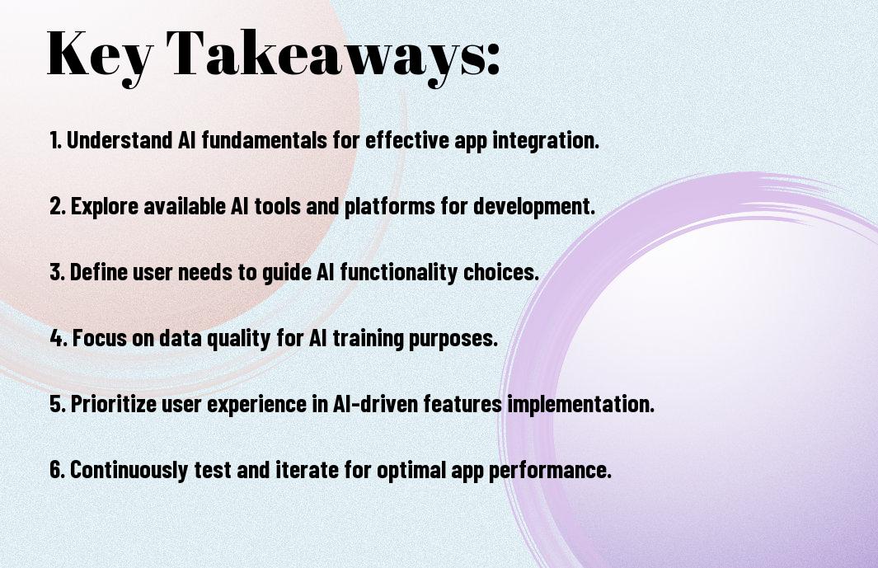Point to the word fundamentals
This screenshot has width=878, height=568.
[264, 140]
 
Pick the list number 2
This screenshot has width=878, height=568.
[58, 206]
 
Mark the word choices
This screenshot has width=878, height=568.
[500, 272]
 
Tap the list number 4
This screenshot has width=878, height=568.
[59, 338]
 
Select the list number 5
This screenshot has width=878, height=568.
[58, 404]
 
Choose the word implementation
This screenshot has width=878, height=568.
[580, 405]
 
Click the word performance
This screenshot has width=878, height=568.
[550, 470]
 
